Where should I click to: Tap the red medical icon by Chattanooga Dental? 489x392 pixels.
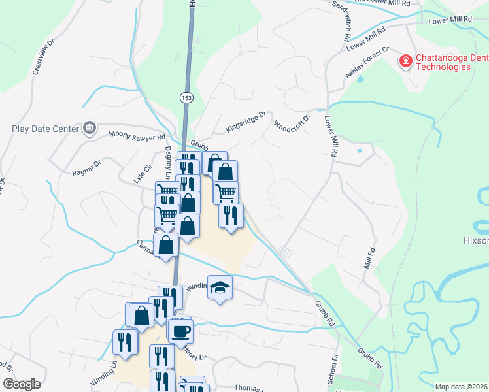tap(406, 61)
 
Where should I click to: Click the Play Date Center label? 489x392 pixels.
tap(45, 128)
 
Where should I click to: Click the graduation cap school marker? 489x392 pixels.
tap(220, 286)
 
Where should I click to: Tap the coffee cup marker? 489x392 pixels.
tap(180, 330)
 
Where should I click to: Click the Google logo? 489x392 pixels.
tap(22, 384)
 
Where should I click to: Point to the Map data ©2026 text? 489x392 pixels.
tap(461, 387)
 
